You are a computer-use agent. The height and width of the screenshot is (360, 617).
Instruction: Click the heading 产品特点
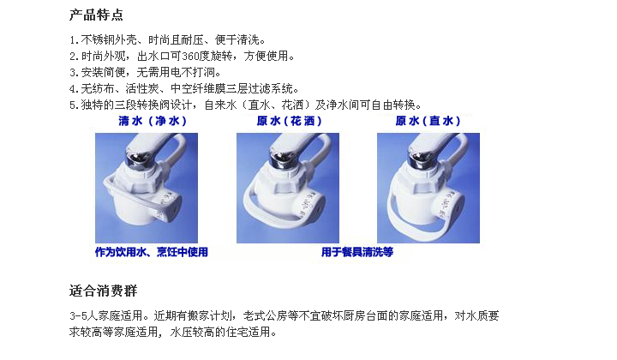click(x=96, y=15)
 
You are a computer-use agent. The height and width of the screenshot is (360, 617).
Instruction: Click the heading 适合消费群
click(x=103, y=291)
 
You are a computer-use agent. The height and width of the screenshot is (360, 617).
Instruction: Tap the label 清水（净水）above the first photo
click(x=153, y=121)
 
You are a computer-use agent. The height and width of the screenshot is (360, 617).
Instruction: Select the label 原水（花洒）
click(x=290, y=121)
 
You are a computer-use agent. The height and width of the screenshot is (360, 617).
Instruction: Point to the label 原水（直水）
click(x=428, y=121)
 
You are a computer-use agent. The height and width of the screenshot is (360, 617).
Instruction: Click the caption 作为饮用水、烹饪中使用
click(x=152, y=252)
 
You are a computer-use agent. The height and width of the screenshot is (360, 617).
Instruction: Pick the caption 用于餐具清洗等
click(x=357, y=252)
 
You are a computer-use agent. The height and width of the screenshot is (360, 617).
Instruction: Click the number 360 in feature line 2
click(x=190, y=57)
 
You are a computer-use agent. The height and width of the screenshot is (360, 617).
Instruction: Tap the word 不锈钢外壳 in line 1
click(x=109, y=39)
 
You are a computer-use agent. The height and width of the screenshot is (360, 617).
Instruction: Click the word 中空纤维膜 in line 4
click(x=198, y=88)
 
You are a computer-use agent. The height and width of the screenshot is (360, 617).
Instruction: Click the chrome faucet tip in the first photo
click(x=135, y=159)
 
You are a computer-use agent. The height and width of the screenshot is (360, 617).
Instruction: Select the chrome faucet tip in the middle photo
click(x=279, y=159)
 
